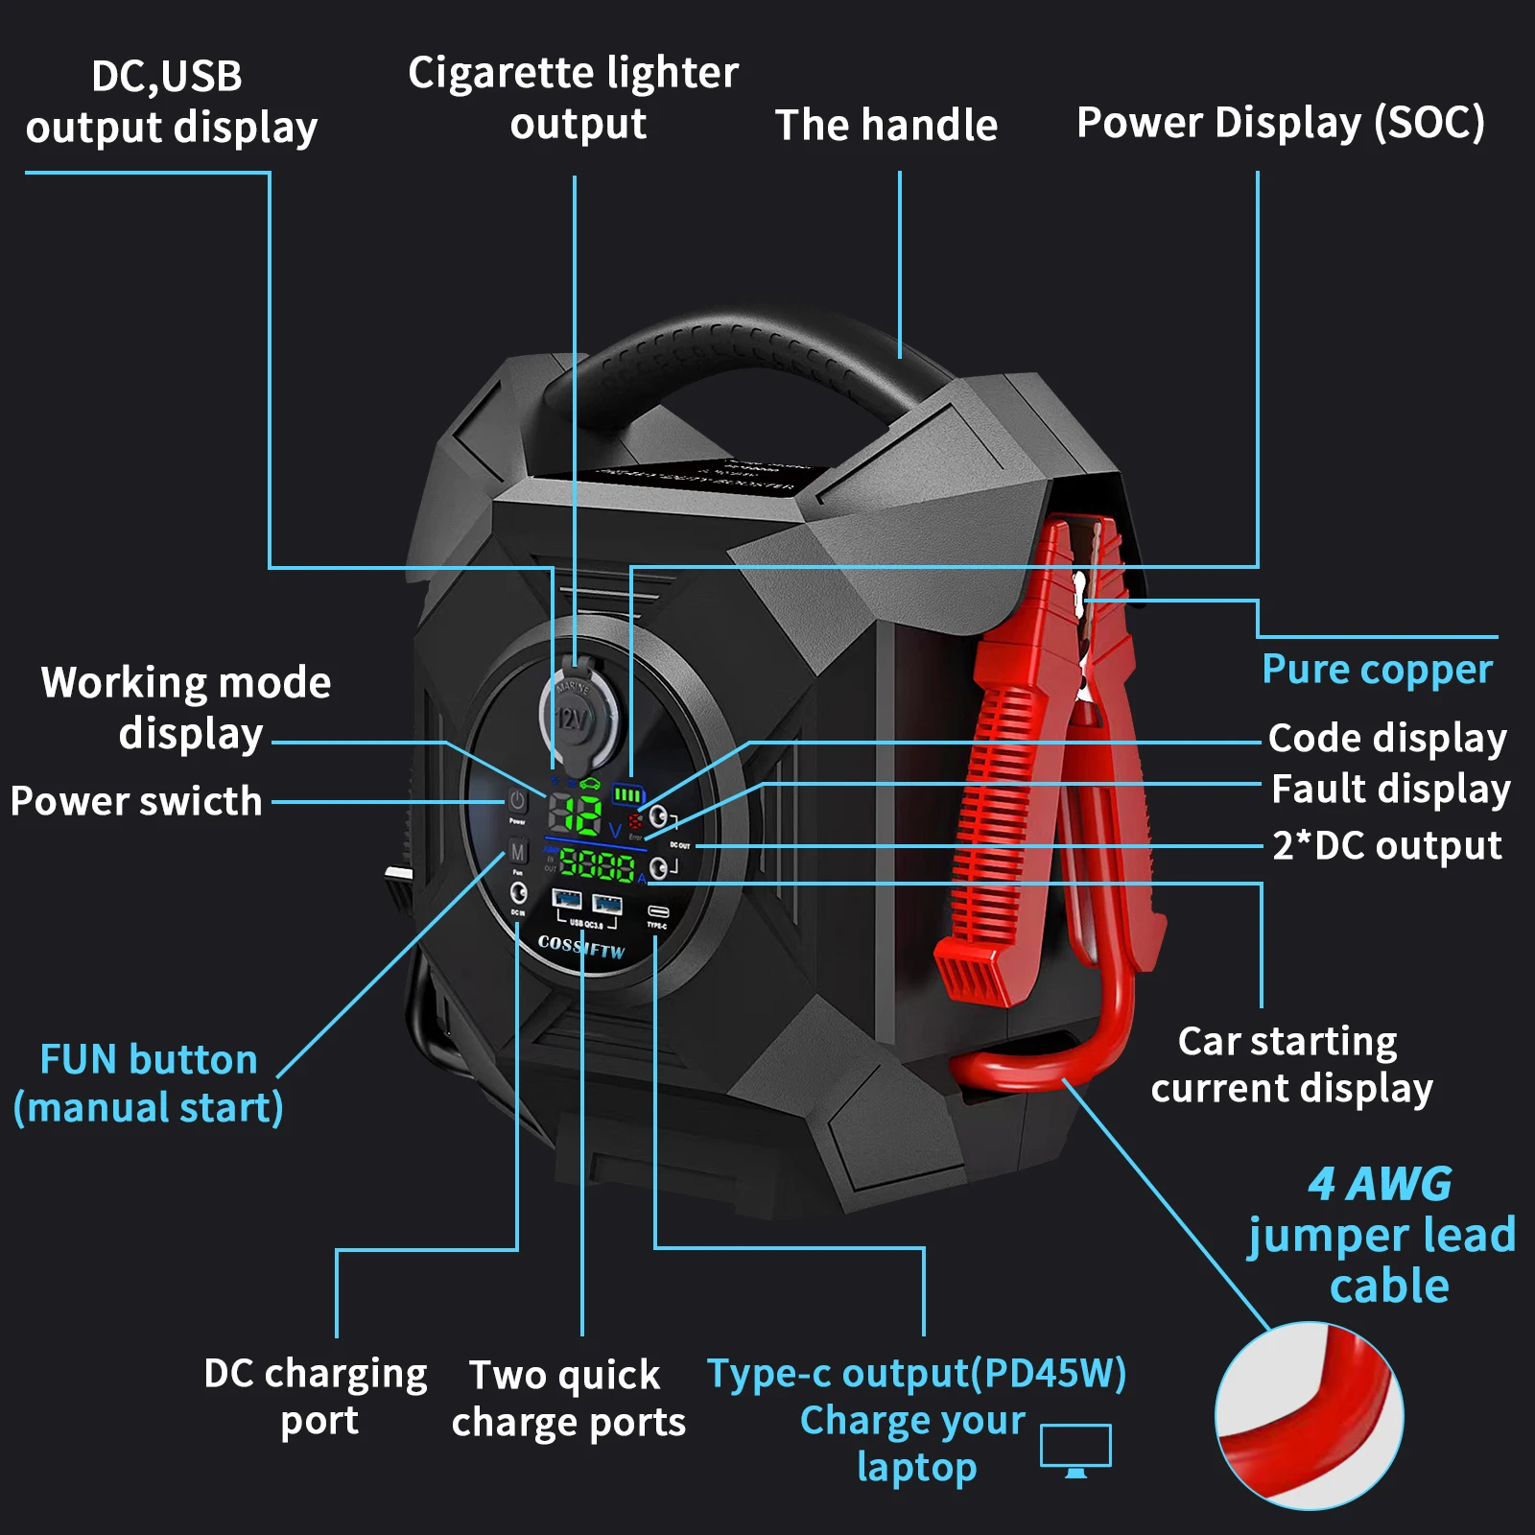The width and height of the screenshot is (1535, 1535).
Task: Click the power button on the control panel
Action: [x=517, y=800]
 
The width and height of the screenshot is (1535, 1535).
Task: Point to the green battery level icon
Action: [x=628, y=794]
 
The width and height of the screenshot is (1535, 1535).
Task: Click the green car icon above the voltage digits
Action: [x=589, y=785]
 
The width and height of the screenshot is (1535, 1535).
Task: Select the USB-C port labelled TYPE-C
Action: [x=658, y=910]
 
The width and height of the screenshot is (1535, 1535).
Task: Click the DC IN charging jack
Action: [x=518, y=893]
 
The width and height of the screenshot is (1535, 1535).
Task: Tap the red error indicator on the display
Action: [x=635, y=822]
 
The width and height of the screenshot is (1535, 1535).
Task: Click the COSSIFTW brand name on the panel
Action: [x=581, y=947]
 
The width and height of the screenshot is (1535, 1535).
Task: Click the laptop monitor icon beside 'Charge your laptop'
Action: [x=1075, y=1450]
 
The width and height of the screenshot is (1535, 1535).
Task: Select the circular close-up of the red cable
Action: [x=1309, y=1415]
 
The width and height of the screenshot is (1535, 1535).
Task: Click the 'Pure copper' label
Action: [x=1377, y=670]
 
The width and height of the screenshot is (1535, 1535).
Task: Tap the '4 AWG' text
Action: [x=1380, y=1184]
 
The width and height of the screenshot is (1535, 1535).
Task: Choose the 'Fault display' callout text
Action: [x=1390, y=790]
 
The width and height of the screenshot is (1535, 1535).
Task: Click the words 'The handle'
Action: [x=886, y=125]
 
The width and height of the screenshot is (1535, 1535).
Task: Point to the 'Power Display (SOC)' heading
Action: [x=1281, y=123]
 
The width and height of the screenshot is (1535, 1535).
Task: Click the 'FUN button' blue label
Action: [x=149, y=1060]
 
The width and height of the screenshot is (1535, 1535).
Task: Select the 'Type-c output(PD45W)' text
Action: [x=916, y=1373]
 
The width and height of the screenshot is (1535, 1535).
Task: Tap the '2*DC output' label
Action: [x=1387, y=846]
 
